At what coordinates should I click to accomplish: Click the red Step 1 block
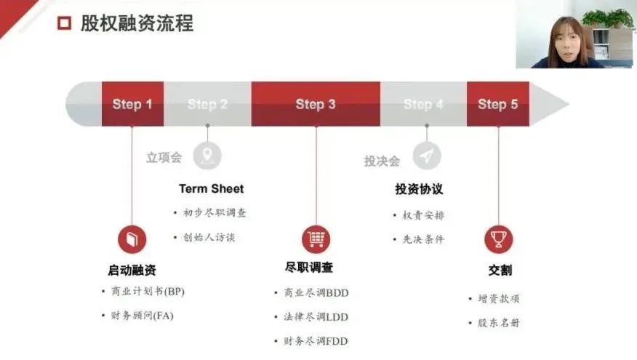pyautogui.click(x=132, y=104)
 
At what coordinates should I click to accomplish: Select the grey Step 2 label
pyautogui.click(x=207, y=105)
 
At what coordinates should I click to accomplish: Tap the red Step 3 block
pyautogui.click(x=316, y=104)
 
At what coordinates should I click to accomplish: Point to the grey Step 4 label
pyautogui.click(x=423, y=105)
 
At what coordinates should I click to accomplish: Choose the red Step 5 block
pyautogui.click(x=497, y=104)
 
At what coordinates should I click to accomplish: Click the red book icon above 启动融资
pyautogui.click(x=132, y=239)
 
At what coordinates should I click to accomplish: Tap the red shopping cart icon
pyautogui.click(x=316, y=239)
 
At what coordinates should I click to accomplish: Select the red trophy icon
pyautogui.click(x=499, y=239)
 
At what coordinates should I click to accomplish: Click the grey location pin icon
pyautogui.click(x=207, y=156)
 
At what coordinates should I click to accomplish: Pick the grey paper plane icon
pyautogui.click(x=427, y=156)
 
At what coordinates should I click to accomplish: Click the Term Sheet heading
pyautogui.click(x=212, y=189)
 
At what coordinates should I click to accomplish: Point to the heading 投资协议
pyautogui.click(x=419, y=189)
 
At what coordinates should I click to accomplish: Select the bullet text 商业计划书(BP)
pyautogui.click(x=148, y=292)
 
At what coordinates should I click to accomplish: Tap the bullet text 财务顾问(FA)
pyautogui.click(x=143, y=316)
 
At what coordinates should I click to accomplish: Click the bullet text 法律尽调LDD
pyautogui.click(x=316, y=317)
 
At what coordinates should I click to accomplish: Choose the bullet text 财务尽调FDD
pyautogui.click(x=316, y=341)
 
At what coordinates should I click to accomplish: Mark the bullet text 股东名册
pyautogui.click(x=498, y=323)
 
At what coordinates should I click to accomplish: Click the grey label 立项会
pyautogui.click(x=164, y=158)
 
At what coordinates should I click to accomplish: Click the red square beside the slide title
pyautogui.click(x=64, y=23)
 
